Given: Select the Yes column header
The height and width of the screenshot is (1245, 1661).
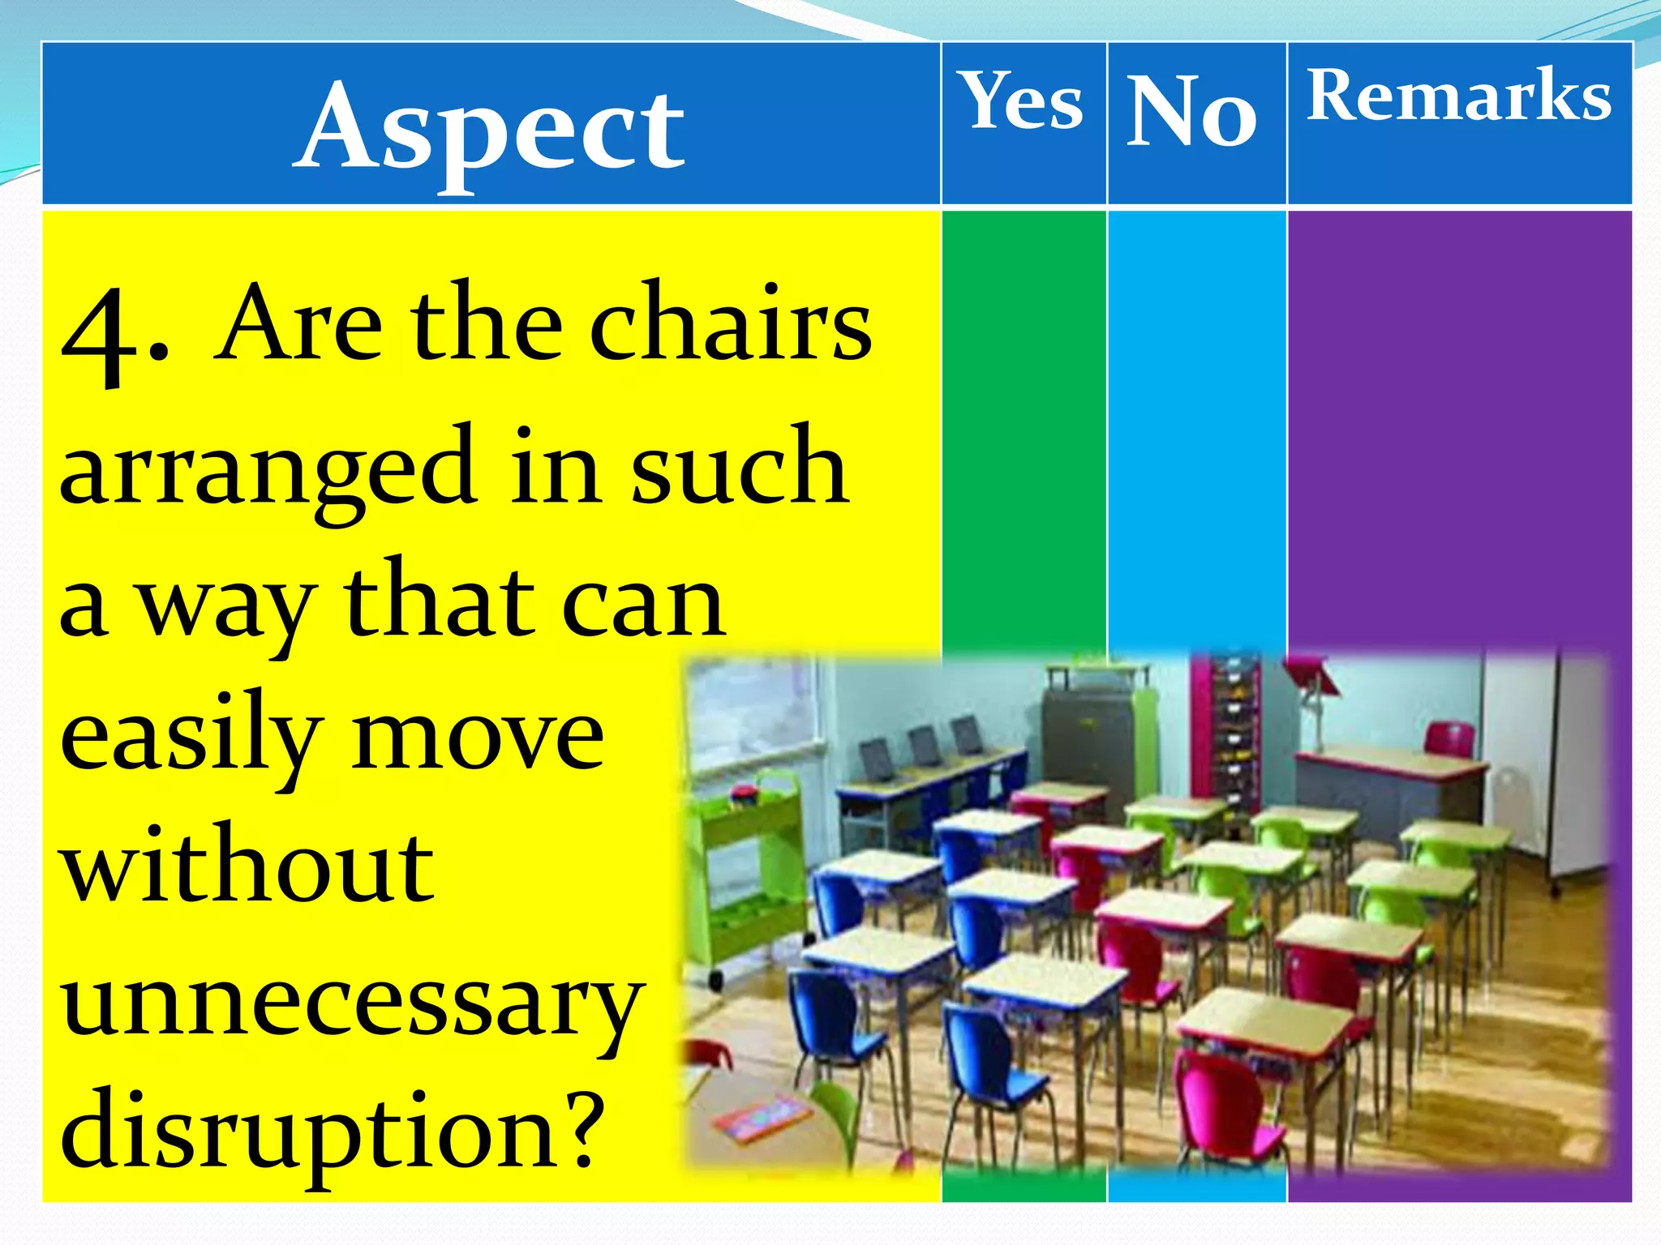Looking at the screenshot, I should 1023,101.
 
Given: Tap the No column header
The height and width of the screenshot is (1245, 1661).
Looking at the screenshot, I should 1192,111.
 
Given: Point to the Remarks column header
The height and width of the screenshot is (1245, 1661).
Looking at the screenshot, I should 1458,96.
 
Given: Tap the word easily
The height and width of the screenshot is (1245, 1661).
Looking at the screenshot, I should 191,738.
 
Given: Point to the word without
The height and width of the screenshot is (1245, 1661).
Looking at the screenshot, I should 247,867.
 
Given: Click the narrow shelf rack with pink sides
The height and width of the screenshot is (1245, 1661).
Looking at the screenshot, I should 1225,729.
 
